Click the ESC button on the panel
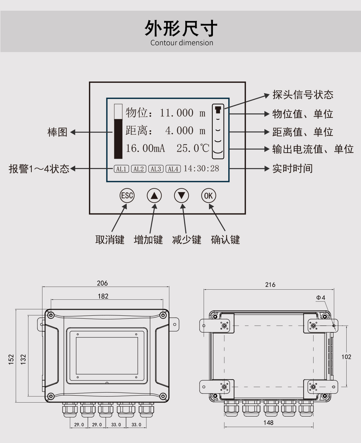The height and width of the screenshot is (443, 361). pyautogui.click(x=127, y=196)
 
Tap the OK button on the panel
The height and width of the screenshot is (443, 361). pyautogui.click(x=208, y=196)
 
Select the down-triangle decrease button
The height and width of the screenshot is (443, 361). pyautogui.click(x=181, y=196)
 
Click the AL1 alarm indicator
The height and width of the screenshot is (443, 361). pyautogui.click(x=121, y=169)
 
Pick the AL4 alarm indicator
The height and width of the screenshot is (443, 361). pyautogui.click(x=173, y=169)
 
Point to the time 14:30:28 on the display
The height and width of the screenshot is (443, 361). pyautogui.click(x=201, y=168)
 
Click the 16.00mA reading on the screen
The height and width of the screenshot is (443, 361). pyautogui.click(x=145, y=148)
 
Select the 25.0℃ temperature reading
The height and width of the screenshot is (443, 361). pyautogui.click(x=193, y=148)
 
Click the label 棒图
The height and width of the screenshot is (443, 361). pyautogui.click(x=57, y=132)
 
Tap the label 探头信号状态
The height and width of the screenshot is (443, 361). pyautogui.click(x=303, y=95)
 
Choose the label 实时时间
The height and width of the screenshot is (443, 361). pyautogui.click(x=292, y=168)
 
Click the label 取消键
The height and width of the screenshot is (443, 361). pyautogui.click(x=110, y=240)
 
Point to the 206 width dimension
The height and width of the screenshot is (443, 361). pyautogui.click(x=102, y=283)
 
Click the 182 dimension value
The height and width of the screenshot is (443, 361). pyautogui.click(x=103, y=296)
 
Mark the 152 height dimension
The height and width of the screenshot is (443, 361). pyautogui.click(x=11, y=359)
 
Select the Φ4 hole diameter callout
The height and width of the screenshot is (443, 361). pyautogui.click(x=321, y=298)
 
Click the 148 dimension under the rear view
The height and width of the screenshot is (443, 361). pyautogui.click(x=268, y=423)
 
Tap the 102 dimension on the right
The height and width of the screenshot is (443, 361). pyautogui.click(x=346, y=357)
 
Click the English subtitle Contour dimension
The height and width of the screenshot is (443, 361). pyautogui.click(x=182, y=43)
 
